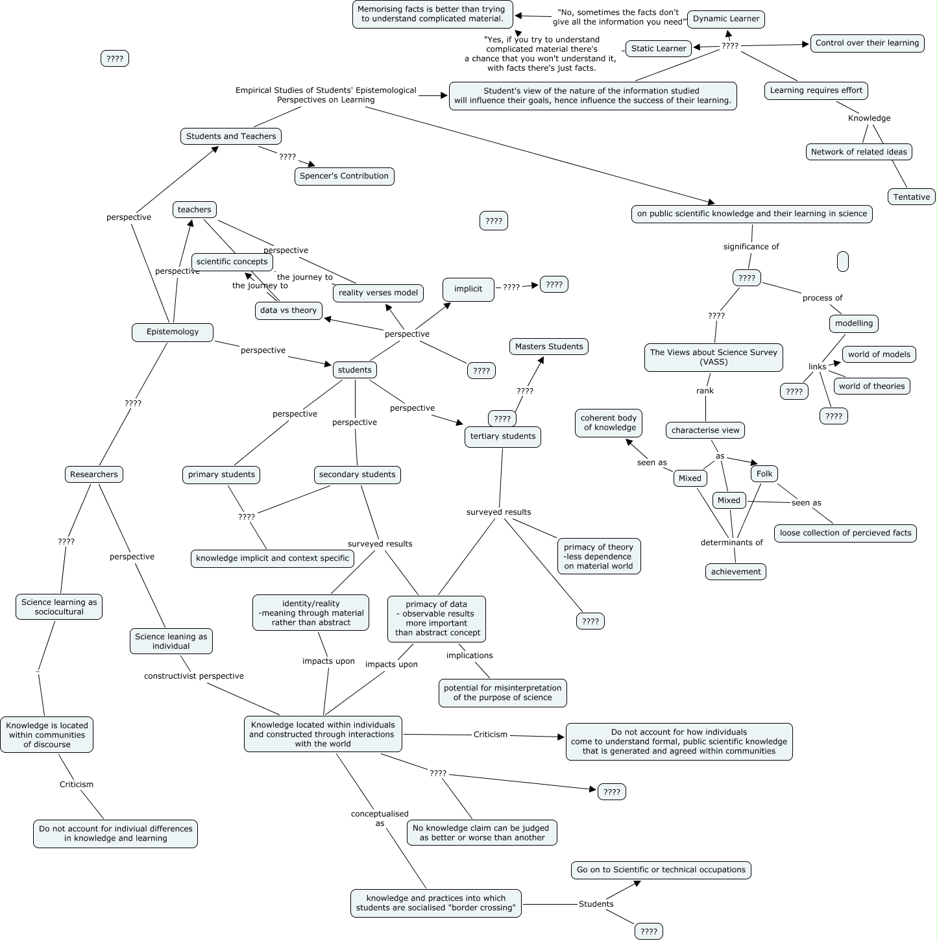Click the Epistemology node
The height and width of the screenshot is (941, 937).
173,332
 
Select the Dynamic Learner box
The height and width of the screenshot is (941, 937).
725,19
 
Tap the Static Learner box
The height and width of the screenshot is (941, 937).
658,49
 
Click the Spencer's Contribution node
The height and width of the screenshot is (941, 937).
344,176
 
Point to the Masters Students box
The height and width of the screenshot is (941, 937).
549,347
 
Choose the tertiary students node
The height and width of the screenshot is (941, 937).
503,436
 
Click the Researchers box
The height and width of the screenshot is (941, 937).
94,474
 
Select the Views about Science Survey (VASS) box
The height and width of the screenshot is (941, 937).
713,358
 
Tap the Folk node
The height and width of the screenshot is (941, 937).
764,474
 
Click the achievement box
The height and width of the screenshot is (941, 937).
736,572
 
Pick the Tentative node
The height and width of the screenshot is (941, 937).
911,197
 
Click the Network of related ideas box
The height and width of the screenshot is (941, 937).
858,152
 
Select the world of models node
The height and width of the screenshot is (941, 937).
879,354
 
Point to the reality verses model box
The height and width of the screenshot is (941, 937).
378,293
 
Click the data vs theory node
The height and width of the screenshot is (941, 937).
288,310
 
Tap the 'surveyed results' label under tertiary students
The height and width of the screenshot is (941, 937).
498,512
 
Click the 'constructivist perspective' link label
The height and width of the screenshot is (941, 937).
194,676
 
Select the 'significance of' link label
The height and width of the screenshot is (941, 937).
751,247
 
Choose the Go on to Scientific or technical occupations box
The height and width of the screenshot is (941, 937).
661,870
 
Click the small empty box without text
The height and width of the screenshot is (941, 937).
843,262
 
